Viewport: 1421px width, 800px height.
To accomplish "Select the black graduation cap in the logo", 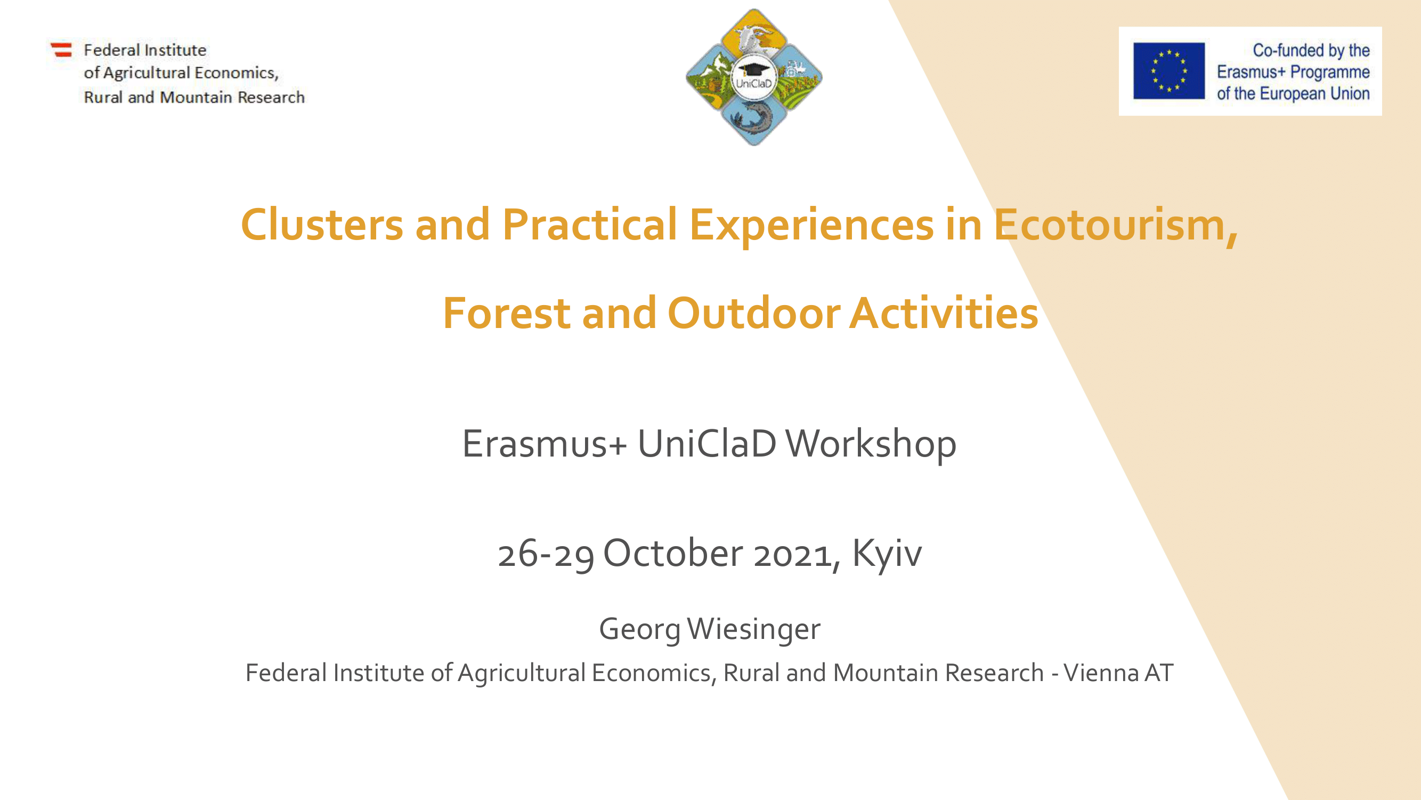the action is click(x=753, y=69).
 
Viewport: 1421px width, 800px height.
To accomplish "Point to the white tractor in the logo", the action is click(x=794, y=69).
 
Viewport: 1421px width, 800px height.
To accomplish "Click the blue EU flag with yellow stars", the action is click(x=1169, y=71).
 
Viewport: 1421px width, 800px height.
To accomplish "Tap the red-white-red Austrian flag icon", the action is click(x=62, y=50).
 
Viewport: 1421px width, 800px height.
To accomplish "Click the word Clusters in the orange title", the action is click(x=322, y=225).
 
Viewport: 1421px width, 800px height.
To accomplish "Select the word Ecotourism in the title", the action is click(x=1115, y=226).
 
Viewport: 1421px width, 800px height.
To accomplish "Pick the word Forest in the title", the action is click(x=506, y=313).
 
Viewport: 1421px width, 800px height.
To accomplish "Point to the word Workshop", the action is click(x=871, y=445).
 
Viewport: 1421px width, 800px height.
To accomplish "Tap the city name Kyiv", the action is click(x=887, y=554).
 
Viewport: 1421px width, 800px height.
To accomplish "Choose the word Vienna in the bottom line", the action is click(x=1100, y=673).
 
